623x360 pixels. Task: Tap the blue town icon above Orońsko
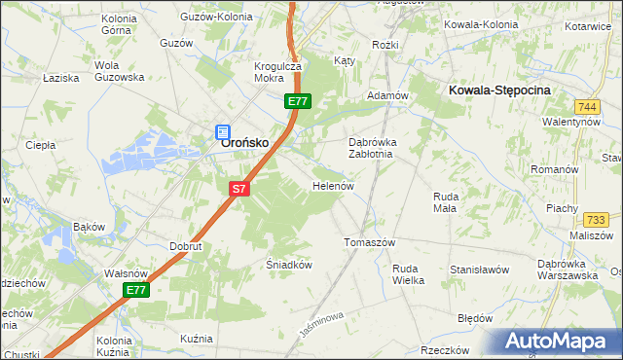[x=222, y=130]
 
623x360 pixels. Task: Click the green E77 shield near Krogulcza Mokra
[x=298, y=101]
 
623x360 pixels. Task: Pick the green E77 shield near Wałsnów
[x=136, y=290]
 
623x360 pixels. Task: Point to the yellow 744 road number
[x=586, y=106]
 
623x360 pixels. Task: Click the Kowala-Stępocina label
[x=500, y=90]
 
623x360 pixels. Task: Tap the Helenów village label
[x=332, y=186]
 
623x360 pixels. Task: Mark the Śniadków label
[x=288, y=264]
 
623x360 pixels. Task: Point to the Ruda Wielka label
[x=408, y=274]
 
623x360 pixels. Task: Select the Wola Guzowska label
[x=119, y=71]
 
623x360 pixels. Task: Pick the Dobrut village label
[x=185, y=247]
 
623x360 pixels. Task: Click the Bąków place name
[x=89, y=227]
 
